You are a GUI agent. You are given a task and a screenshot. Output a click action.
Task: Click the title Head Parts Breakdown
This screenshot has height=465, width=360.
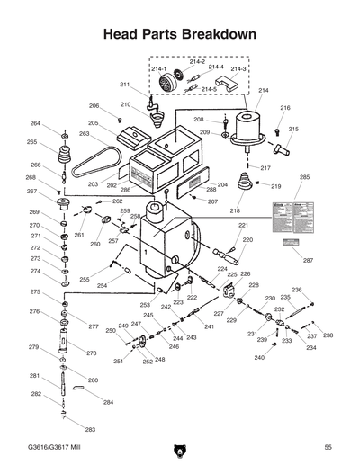tap(180, 34)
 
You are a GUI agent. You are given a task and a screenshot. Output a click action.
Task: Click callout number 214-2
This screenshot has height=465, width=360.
tap(196, 61)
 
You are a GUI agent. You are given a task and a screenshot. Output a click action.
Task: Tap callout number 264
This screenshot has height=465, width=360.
tap(35, 123)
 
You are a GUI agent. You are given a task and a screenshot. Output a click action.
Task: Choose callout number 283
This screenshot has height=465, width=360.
tap(90, 430)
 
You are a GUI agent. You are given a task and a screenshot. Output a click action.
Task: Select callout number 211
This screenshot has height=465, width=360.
tap(124, 85)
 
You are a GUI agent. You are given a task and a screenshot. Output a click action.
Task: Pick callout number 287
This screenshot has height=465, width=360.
tap(308, 260)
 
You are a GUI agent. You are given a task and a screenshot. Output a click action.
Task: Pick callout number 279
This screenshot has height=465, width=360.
tap(33, 347)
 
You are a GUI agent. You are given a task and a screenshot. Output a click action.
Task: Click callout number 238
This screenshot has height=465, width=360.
tap(328, 335)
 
